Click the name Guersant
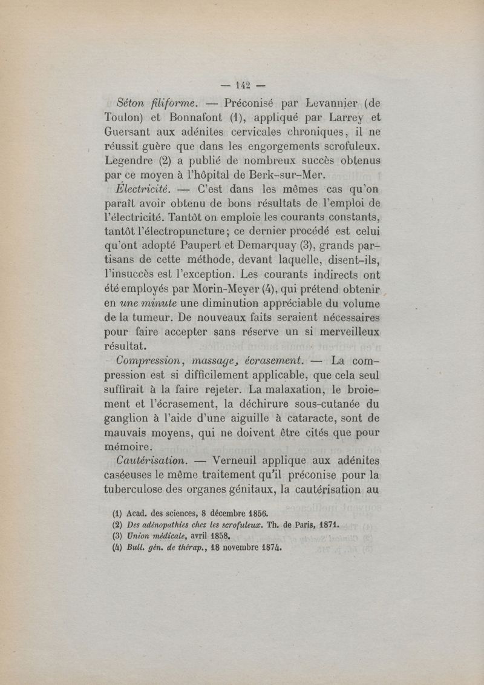[130, 133]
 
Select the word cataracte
[319, 418]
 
